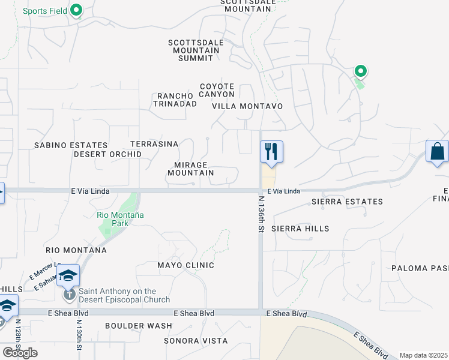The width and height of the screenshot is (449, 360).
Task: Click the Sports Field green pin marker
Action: tap(76, 10)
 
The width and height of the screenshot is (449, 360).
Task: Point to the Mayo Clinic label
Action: tap(185, 265)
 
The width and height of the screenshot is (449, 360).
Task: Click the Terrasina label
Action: tap(154, 144)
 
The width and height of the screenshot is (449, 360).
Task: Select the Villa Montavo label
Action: tap(247, 106)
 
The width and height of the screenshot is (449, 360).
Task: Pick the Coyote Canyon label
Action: tap(217, 91)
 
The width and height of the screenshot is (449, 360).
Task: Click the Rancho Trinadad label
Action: tap(175, 100)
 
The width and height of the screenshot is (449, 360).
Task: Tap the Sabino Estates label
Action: tap(71, 145)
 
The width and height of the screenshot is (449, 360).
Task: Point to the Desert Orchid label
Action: tap(107, 154)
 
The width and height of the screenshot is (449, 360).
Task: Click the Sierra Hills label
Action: tap(300, 229)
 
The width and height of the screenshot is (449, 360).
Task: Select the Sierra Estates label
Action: tap(347, 202)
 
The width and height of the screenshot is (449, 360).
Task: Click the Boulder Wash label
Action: tap(138, 326)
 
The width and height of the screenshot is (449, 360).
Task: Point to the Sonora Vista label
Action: tap(196, 341)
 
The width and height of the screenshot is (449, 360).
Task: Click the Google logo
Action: tap(20, 353)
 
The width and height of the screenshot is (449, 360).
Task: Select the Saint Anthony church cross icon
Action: tap(69, 295)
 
